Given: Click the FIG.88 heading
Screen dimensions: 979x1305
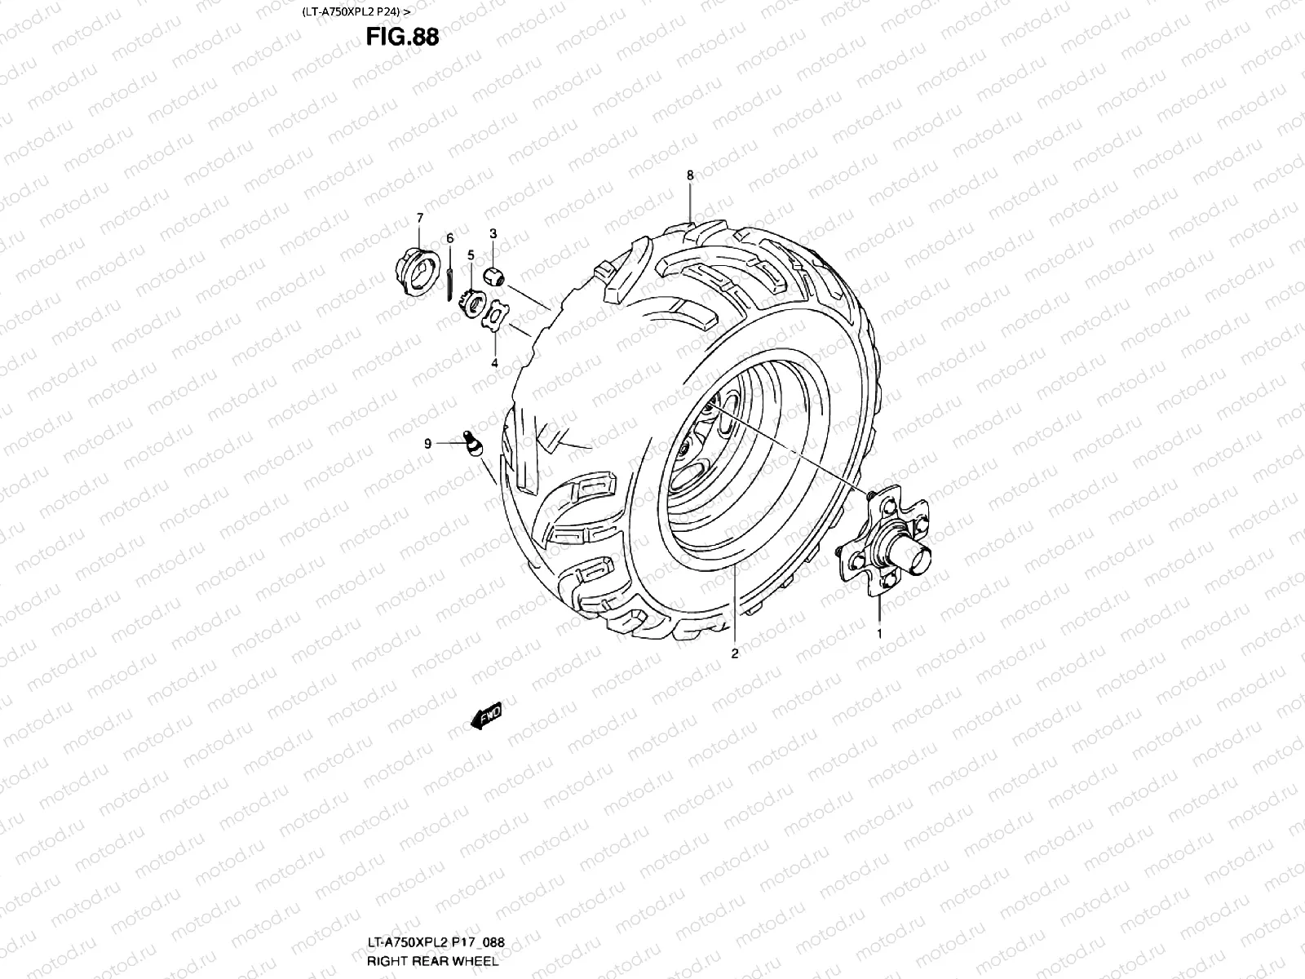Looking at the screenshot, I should (x=401, y=38).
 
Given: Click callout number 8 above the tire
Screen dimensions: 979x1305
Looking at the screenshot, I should (x=690, y=175).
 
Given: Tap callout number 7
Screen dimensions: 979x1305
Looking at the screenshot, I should (x=420, y=218).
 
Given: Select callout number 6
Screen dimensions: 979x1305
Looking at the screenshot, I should (x=449, y=237).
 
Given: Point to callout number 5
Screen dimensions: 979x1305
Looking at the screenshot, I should (x=471, y=255).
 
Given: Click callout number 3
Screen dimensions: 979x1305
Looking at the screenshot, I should (x=493, y=234).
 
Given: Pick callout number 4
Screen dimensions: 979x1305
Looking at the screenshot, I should (x=494, y=363).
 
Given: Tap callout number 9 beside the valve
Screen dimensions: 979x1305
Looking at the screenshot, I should (x=427, y=444).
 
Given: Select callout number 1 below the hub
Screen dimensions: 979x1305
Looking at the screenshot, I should (x=879, y=633).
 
